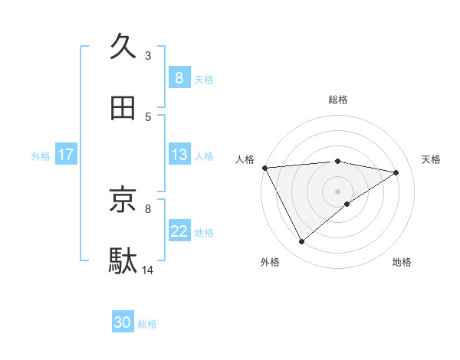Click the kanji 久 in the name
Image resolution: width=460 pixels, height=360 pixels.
pyautogui.click(x=123, y=47)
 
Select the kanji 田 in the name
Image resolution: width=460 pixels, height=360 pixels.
pyautogui.click(x=123, y=109)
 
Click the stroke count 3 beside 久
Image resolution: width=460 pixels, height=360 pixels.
pyautogui.click(x=148, y=55)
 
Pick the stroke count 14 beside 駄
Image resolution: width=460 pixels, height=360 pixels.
pyautogui.click(x=148, y=270)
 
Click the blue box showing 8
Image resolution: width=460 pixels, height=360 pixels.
pyautogui.click(x=179, y=77)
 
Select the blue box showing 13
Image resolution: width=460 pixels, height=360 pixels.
pyautogui.click(x=179, y=155)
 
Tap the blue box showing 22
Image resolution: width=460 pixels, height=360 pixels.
pyautogui.click(x=179, y=231)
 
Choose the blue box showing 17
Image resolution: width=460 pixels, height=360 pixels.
pyautogui.click(x=66, y=155)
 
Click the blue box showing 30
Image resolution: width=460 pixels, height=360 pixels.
pyautogui.click(x=123, y=322)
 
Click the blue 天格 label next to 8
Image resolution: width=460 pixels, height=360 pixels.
pyautogui.click(x=204, y=79)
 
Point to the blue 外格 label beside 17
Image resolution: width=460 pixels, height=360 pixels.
pyautogui.click(x=41, y=155)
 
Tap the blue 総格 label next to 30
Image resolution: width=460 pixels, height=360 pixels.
pyautogui.click(x=147, y=324)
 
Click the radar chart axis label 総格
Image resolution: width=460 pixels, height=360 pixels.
pyautogui.click(x=338, y=100)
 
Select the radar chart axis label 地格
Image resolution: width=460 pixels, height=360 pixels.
pyautogui.click(x=402, y=262)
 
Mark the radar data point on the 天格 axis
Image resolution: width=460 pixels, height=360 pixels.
pyautogui.click(x=396, y=172)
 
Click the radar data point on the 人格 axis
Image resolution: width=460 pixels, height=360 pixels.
pyautogui.click(x=264, y=168)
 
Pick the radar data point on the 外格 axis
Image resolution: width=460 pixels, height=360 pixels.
pyautogui.click(x=301, y=242)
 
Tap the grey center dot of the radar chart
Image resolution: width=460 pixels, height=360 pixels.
pyautogui.click(x=338, y=191)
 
